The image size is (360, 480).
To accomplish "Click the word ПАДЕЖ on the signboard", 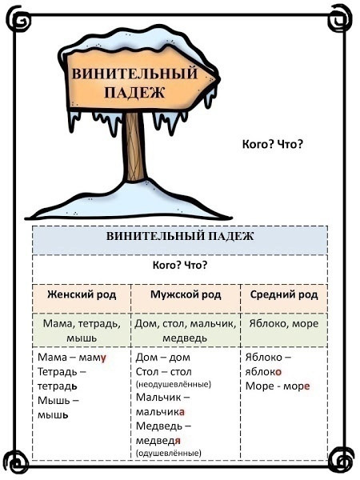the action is coord(134,92).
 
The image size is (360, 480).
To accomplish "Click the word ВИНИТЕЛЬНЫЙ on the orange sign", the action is coord(134,74).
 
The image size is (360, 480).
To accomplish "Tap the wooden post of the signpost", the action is coord(134,146).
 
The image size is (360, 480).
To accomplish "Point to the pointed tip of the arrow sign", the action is coord(219,79).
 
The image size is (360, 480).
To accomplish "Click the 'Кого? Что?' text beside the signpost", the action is coord(273,144).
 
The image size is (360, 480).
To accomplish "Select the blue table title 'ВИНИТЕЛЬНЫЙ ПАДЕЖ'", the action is coord(180,236).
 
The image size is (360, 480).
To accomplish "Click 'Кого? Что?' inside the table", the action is coord(180,265).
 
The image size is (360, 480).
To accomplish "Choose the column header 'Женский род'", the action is coord(82,294).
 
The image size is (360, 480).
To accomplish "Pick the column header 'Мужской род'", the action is coord(186,294).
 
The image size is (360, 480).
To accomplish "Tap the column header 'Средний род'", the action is coord(284,294).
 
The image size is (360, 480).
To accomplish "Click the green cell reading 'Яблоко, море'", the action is coord(284,323).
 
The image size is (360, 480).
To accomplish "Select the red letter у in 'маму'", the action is coord(103,358).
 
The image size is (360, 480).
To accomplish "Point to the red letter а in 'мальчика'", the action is coord(182,412).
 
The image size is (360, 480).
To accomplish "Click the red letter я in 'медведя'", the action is coord(178,441).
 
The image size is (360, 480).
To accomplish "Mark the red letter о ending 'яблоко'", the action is coord(278,372).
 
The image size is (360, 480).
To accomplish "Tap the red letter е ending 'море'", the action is coord(306,386).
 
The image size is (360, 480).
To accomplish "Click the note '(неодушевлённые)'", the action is coord(174,384).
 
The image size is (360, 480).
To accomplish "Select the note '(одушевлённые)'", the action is coord(169,453).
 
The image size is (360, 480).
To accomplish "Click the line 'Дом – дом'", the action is coord(163,358).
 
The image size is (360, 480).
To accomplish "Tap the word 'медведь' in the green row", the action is coord(185,338).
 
